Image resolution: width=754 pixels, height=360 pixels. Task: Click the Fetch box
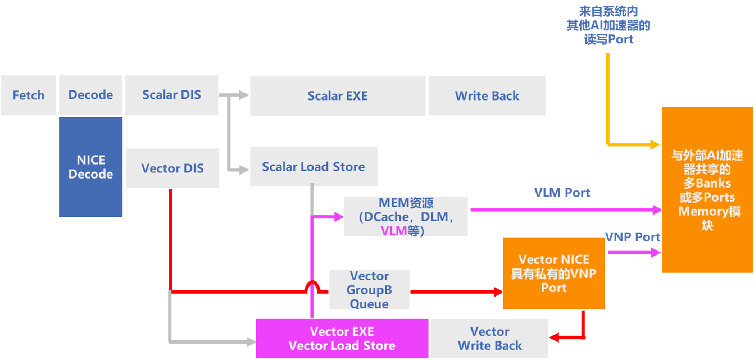pos(29,95)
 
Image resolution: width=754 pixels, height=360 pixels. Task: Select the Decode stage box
pos(90,95)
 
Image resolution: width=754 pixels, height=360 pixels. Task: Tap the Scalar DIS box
pos(171,95)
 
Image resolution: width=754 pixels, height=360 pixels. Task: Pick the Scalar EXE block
pos(337,96)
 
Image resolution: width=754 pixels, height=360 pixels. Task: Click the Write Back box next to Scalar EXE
pos(487,96)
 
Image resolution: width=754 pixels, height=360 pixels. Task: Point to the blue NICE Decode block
pos(90,167)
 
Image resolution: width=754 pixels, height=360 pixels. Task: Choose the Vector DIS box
pos(172,168)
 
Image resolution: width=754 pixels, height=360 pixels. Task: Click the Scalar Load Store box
pos(313,167)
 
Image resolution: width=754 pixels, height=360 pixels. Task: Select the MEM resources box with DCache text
pos(406,216)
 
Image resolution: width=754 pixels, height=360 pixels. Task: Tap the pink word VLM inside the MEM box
pos(393,230)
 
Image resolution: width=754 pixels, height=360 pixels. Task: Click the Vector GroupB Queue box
pos(369,290)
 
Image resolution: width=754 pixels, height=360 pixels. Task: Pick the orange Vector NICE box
pos(553,274)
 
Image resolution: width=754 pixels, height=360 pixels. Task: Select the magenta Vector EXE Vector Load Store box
pos(342,339)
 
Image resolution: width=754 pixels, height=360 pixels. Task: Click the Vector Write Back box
pos(489,339)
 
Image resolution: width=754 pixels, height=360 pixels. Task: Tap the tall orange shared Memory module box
pos(707,190)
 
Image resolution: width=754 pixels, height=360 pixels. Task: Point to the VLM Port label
pos(562,193)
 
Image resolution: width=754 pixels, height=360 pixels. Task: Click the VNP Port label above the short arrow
pos(632,237)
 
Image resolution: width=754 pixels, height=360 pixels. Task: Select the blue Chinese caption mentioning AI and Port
pos(608,25)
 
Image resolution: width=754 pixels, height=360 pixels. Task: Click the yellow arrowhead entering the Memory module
pos(655,145)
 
